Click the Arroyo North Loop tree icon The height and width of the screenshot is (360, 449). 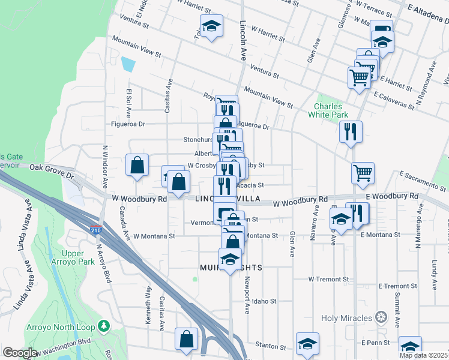(x=105, y=325)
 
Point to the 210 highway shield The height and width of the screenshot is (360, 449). (x=96, y=229)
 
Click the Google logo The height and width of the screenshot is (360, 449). (x=20, y=353)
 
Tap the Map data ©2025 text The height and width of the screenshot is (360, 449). (x=424, y=355)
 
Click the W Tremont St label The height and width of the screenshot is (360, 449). (x=328, y=279)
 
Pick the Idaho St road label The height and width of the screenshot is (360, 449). (x=264, y=301)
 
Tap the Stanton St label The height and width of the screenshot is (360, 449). (x=271, y=346)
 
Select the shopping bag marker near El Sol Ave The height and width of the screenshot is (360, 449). (x=137, y=165)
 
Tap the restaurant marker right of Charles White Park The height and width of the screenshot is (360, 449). (x=351, y=131)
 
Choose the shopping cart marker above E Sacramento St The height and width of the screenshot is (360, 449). (x=363, y=173)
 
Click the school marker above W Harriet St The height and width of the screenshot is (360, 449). (x=211, y=26)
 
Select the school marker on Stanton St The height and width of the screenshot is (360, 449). (x=307, y=345)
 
